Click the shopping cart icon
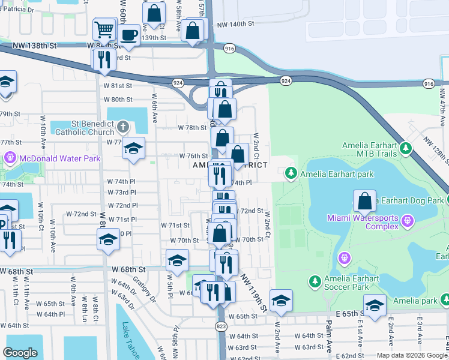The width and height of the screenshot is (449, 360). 105,28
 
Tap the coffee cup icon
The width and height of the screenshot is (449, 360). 128,35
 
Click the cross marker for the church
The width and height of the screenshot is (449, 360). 123,127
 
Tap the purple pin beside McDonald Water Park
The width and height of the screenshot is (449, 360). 10,158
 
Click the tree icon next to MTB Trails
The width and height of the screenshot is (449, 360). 406,146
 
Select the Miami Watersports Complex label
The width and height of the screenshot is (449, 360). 363,221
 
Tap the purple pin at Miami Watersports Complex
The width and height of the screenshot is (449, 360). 407,221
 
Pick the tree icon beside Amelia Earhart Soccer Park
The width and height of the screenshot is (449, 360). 315,281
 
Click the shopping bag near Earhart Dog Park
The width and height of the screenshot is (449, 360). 364,201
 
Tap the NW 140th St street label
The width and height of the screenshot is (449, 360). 237,24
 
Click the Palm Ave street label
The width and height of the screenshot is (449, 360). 330,338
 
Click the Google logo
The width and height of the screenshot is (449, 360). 20,353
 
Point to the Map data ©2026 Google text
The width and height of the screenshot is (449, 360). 411,355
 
